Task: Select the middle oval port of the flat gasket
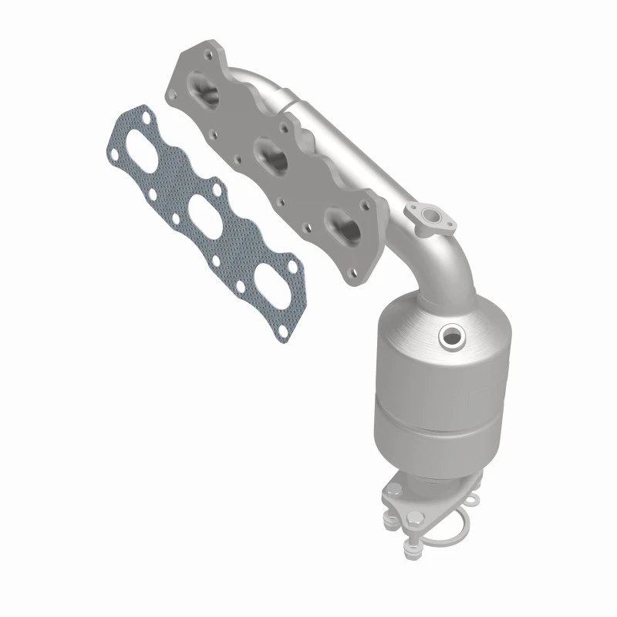click(x=202, y=212)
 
